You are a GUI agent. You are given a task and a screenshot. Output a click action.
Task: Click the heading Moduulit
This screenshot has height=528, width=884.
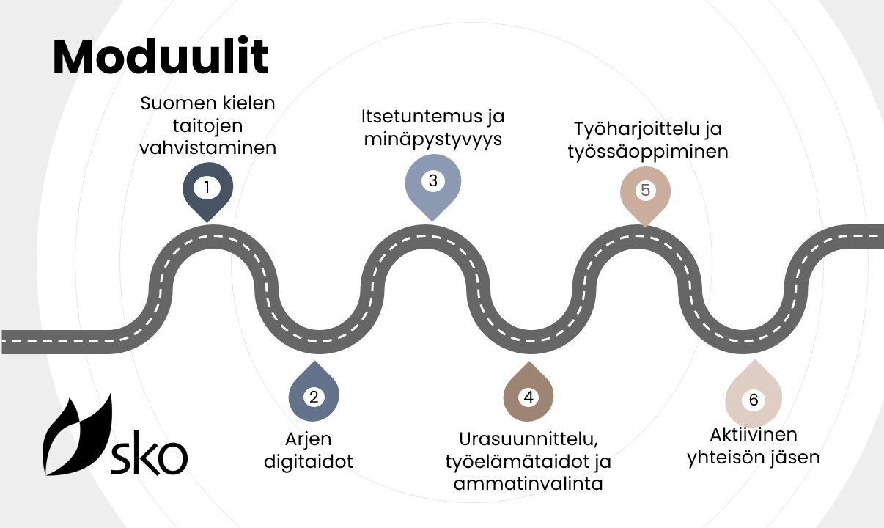161,57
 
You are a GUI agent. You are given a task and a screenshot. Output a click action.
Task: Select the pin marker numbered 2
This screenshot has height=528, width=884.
314,397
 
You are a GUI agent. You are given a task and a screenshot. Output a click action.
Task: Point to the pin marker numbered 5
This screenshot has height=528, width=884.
645,191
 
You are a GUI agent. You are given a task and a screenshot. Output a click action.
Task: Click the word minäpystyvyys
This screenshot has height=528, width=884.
433,139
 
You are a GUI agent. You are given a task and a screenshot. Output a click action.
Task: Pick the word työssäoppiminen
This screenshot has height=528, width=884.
647,152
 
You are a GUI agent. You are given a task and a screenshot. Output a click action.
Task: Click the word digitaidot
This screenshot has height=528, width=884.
308,462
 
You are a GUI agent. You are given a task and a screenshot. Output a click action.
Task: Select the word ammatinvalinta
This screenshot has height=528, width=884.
528,484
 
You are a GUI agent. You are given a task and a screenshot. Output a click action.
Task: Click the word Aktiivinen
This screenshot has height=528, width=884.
753,435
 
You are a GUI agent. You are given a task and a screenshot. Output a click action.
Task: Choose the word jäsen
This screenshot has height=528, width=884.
796,457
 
